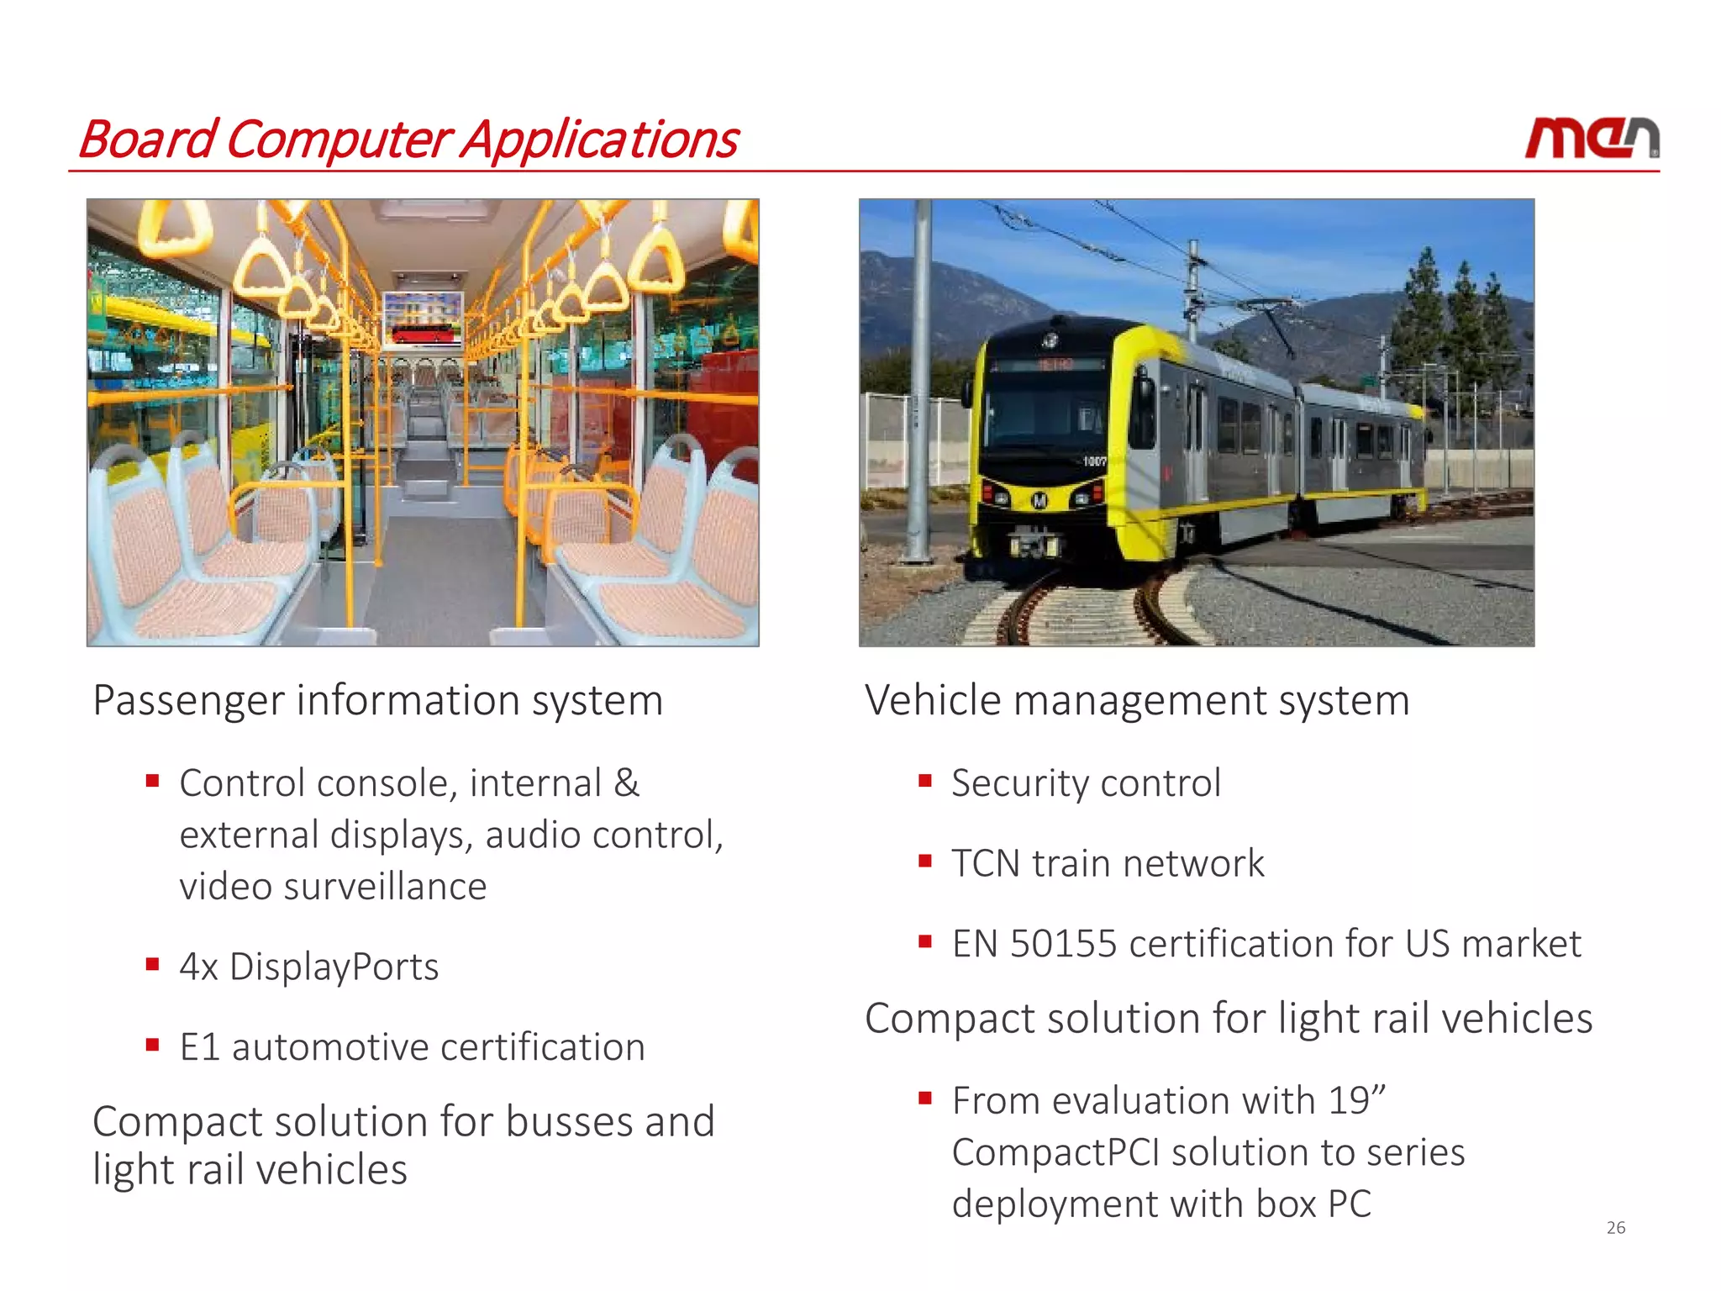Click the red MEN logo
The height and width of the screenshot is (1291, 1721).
click(x=1591, y=139)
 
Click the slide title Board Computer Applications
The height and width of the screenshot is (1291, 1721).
click(x=408, y=140)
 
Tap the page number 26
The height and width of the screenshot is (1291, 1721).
click(x=1615, y=1228)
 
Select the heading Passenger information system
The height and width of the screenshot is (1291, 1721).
click(x=377, y=700)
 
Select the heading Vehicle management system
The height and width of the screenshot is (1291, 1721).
click(x=1136, y=700)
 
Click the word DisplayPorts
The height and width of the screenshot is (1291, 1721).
click(x=334, y=967)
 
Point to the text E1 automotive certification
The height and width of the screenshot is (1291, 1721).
click(x=412, y=1047)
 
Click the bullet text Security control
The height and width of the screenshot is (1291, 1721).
click(x=1085, y=783)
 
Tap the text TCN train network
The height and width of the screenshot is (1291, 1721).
click(x=1107, y=863)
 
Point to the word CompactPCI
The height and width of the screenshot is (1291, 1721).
click(x=1055, y=1152)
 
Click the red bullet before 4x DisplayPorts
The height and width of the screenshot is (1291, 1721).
click(x=152, y=964)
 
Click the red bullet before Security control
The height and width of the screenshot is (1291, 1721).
click(x=925, y=781)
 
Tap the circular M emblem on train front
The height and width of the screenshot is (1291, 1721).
click(x=1039, y=501)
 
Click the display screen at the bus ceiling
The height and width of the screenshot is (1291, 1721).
click(x=423, y=319)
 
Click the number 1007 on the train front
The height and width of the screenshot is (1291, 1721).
click(x=1094, y=461)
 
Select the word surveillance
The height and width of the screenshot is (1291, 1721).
click(x=385, y=887)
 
